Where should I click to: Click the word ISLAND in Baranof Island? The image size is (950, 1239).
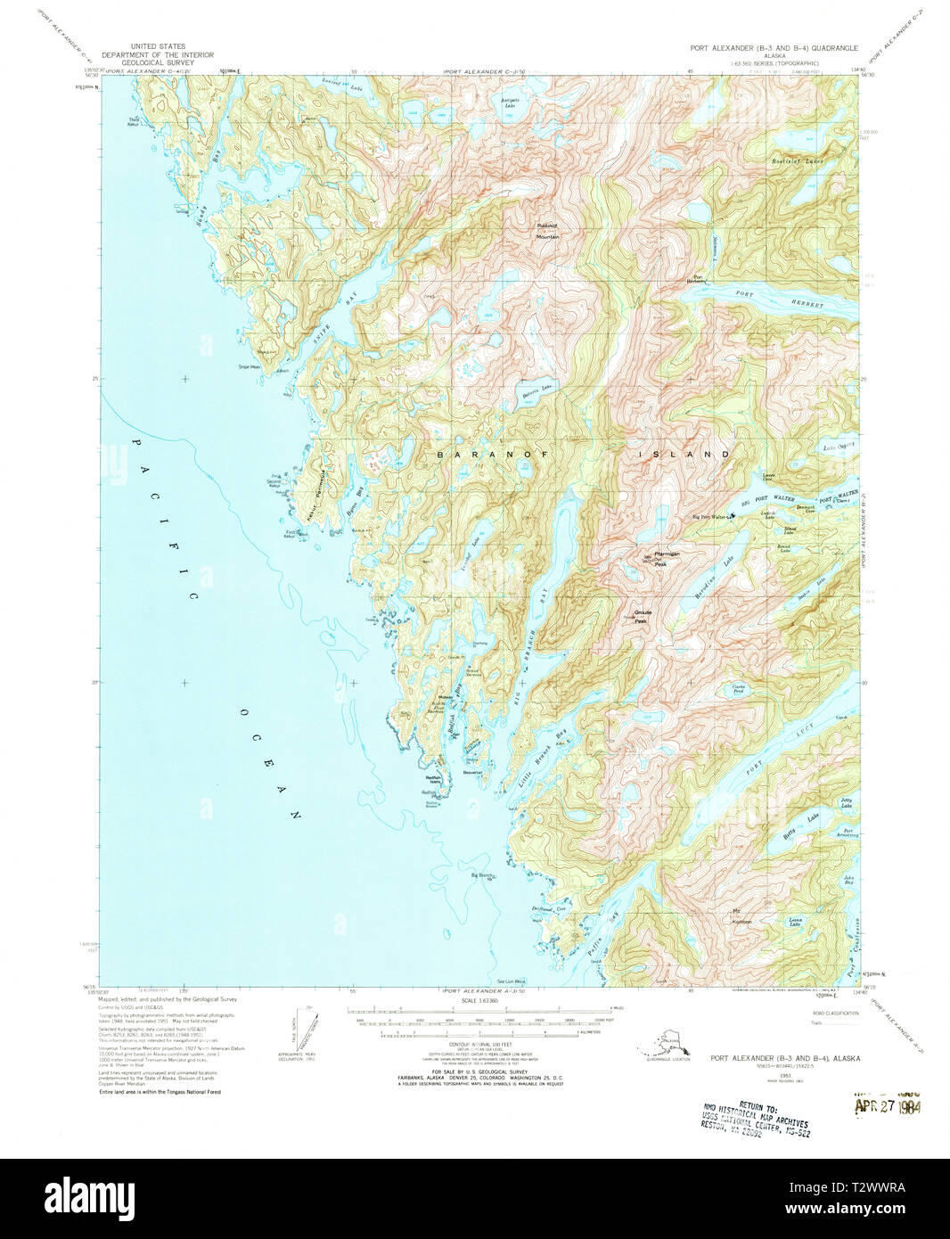click(686, 455)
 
